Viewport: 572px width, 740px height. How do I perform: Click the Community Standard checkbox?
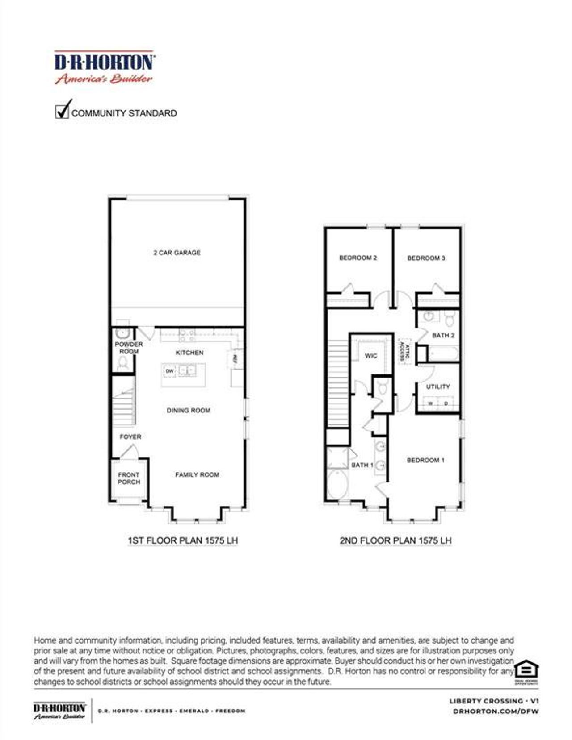click(62, 112)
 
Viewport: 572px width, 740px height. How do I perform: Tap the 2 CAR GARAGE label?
click(177, 253)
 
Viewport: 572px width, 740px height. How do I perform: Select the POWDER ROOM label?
click(129, 348)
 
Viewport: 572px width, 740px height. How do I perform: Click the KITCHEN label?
click(189, 353)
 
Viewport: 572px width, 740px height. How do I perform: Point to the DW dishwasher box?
click(170, 371)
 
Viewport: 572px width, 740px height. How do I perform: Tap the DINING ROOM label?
click(188, 410)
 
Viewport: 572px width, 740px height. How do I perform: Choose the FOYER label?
click(130, 437)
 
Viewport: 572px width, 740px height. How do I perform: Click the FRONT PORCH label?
click(129, 478)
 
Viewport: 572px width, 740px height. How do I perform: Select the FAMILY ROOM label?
click(197, 474)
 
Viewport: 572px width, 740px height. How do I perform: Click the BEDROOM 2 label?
click(358, 258)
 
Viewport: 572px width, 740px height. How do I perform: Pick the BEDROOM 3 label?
click(426, 258)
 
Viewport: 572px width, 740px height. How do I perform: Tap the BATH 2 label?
click(443, 335)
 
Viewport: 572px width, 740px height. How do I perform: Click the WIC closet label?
click(371, 356)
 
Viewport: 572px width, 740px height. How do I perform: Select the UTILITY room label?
click(437, 387)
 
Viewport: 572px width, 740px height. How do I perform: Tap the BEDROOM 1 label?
click(425, 460)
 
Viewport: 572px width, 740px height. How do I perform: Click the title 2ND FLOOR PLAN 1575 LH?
click(395, 540)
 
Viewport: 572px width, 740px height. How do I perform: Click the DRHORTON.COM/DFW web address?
click(496, 711)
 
